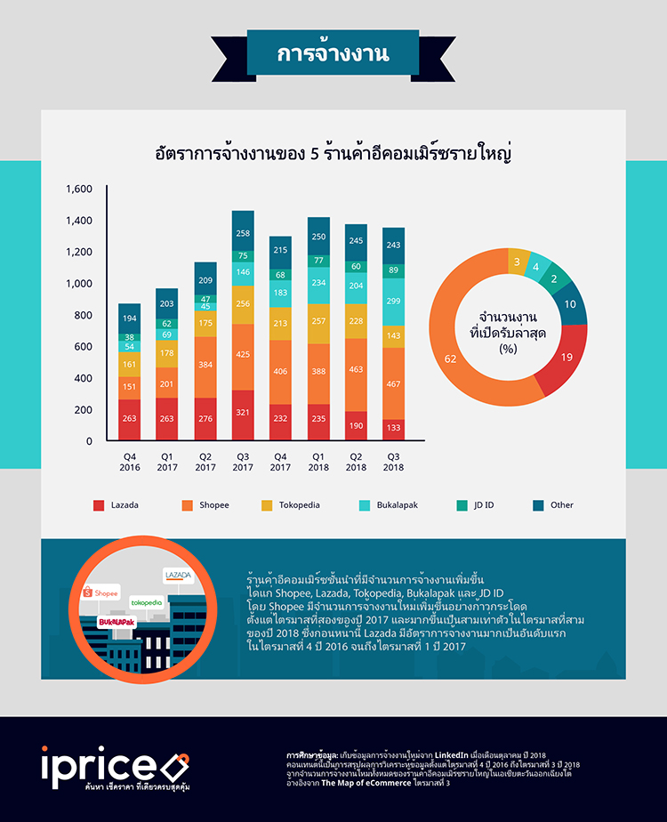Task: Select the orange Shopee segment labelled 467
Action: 393,383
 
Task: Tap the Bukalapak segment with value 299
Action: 393,302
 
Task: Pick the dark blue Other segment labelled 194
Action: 129,318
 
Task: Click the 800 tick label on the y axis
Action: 84,315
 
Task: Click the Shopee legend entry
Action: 207,505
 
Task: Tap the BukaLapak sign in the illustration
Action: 116,622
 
